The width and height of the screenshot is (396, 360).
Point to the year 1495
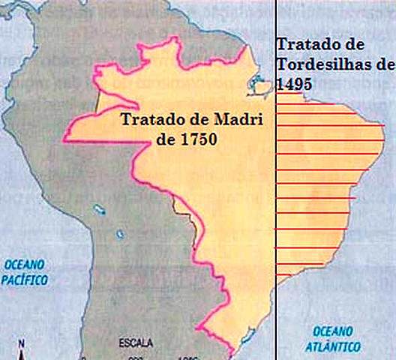pos(294,83)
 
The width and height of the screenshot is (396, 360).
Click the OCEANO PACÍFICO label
pos(25,271)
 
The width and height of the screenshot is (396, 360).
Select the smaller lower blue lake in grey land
pos(119,234)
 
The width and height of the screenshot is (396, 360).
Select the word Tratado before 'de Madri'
pos(148,121)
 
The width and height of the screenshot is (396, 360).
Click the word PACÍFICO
pos(25,280)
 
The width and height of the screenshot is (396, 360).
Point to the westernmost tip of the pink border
pos(64,137)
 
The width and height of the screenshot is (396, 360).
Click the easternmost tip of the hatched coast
pos(384,126)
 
